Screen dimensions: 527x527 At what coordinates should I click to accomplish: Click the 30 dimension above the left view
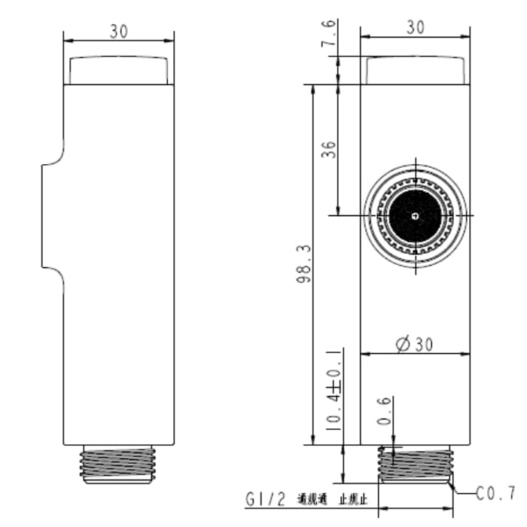tap(118, 31)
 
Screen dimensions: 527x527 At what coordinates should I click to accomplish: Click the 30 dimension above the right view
tap(415, 27)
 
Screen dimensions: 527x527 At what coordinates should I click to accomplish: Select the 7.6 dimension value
tap(329, 35)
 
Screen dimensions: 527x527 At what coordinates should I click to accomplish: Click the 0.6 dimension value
tap(385, 411)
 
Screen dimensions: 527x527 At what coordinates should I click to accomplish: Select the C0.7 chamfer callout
tap(495, 494)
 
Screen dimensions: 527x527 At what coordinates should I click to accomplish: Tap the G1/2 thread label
tap(266, 499)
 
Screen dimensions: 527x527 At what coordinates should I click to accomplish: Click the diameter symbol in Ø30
tap(402, 344)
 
